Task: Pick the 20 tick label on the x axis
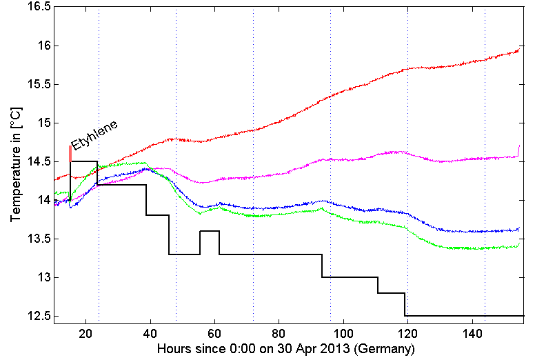tap(86, 334)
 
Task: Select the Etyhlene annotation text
tap(95, 134)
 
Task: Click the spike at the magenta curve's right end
tap(518, 148)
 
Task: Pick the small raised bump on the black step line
tap(210, 232)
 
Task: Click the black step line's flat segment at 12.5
tap(462, 316)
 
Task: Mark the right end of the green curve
tap(518, 243)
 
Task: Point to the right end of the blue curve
tap(518, 228)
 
